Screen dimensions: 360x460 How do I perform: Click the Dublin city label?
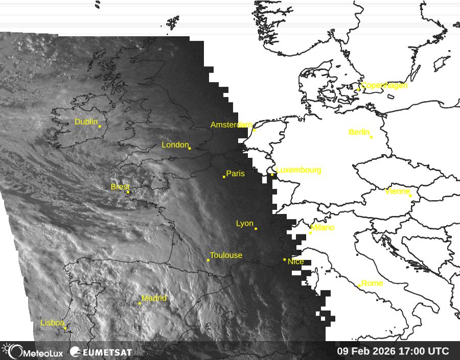86,122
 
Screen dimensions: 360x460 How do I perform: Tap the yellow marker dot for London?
190,148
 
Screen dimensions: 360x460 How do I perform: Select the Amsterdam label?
231,125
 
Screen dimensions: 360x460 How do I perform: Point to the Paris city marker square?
224,177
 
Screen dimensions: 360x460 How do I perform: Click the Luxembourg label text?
298,170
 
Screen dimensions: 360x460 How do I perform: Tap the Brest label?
120,187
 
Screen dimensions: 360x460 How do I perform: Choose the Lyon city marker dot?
256,228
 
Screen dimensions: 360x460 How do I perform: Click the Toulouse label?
226,255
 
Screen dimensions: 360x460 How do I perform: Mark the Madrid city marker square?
140,303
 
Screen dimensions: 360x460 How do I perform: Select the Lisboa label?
52,323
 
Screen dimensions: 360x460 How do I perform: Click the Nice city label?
296,261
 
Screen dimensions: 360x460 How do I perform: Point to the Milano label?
323,227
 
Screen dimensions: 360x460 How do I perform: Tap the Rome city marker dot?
359,286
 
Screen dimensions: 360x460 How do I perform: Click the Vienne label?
397,191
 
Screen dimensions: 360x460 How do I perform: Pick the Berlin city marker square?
371,137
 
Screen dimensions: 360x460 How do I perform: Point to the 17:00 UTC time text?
426,351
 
